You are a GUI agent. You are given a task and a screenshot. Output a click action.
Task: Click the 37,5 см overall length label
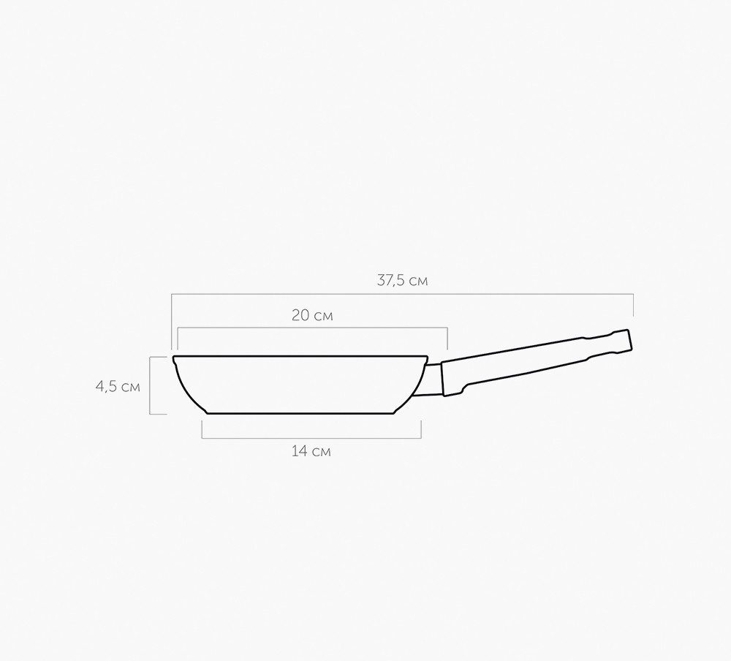(x=402, y=281)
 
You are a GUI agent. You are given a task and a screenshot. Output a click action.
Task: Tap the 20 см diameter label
(x=312, y=316)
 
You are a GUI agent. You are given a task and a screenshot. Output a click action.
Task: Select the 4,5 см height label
(x=118, y=387)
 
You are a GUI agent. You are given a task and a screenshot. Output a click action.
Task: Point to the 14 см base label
(x=311, y=451)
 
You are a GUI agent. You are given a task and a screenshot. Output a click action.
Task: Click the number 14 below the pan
(x=298, y=451)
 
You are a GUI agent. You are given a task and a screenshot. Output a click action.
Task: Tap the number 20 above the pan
(x=300, y=316)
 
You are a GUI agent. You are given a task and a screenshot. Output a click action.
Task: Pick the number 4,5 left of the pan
(x=105, y=387)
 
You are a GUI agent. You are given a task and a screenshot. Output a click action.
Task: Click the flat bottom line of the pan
(x=300, y=413)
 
